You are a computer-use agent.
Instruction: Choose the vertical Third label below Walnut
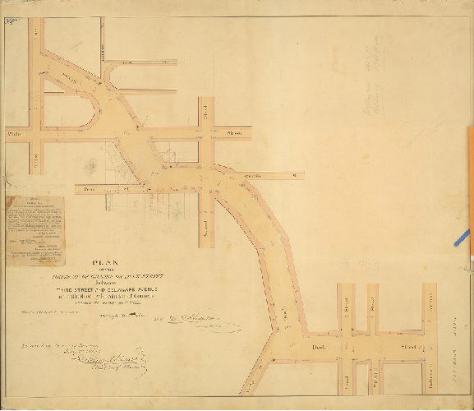(x=35, y=155)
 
